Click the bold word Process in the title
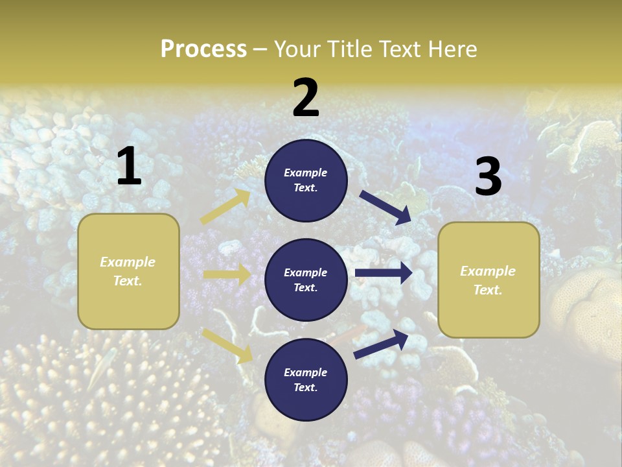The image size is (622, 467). click(203, 49)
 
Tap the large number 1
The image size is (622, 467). click(129, 167)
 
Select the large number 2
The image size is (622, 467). click(306, 98)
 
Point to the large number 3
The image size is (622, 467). click(488, 177)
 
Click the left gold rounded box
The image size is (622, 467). click(128, 271)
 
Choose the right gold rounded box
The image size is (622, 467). click(489, 280)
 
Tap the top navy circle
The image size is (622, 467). click(306, 180)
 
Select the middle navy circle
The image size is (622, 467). click(306, 280)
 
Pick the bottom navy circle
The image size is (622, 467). click(306, 379)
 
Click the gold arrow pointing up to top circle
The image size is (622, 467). click(226, 206)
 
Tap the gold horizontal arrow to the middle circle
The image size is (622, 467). click(227, 274)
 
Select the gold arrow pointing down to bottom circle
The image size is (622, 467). click(227, 345)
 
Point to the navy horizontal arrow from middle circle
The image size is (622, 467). click(384, 273)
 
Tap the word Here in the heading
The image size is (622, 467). click(453, 49)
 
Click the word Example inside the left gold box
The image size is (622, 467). click(128, 262)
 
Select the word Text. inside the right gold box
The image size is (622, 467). click(488, 290)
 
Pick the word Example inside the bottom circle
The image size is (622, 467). click(306, 372)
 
